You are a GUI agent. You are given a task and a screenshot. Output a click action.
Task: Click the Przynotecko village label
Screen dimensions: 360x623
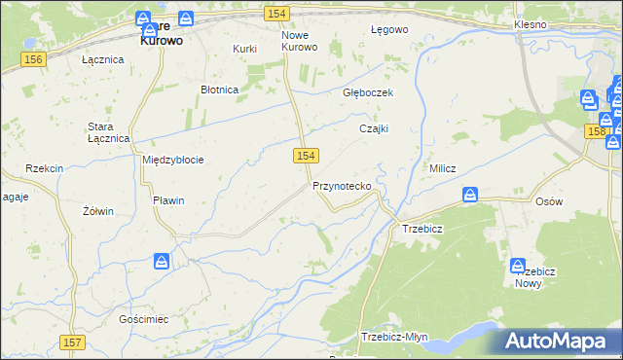(x=341, y=185)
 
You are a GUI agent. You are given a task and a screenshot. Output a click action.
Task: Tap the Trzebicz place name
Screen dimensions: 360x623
(x=422, y=230)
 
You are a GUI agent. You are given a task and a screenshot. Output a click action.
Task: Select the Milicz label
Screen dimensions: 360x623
(x=443, y=168)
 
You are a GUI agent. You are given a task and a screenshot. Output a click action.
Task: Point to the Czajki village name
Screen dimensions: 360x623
(x=374, y=128)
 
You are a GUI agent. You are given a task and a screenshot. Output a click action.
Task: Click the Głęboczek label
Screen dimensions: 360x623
(x=367, y=93)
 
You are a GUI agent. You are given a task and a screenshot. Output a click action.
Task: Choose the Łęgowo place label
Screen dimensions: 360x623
(x=389, y=30)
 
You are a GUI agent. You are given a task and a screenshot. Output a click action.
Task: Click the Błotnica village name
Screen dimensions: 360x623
(x=219, y=90)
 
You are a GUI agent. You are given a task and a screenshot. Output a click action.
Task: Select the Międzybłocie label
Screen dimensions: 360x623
(x=173, y=160)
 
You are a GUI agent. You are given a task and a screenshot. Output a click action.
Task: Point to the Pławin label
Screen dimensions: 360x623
(x=168, y=200)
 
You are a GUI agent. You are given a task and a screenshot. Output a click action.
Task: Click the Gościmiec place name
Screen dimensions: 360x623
(x=144, y=319)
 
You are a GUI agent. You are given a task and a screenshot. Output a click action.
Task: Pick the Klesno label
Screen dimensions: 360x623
(x=532, y=22)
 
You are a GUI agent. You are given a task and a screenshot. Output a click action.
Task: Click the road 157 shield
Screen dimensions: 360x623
(x=72, y=342)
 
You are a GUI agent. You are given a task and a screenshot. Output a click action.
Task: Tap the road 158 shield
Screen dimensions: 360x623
(x=597, y=130)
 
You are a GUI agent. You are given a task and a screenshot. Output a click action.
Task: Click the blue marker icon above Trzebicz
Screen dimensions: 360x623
(x=470, y=197)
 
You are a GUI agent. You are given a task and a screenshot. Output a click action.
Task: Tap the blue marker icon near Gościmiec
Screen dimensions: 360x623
(x=162, y=262)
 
